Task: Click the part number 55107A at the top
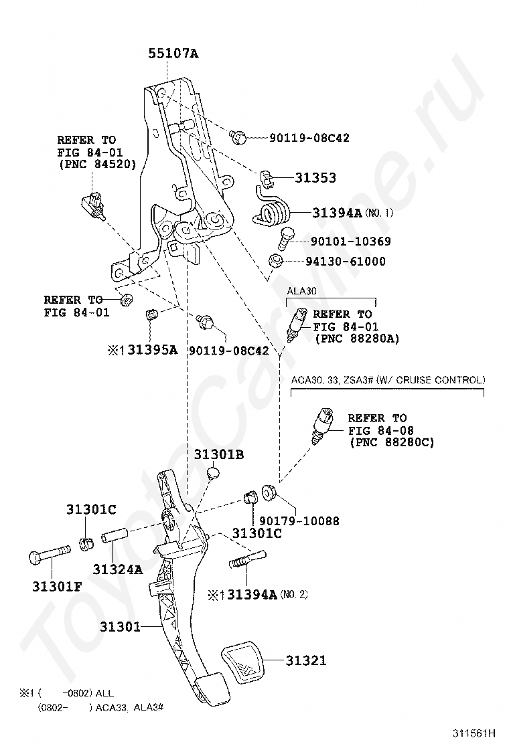(x=173, y=54)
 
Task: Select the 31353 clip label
(x=315, y=178)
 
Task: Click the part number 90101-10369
(x=350, y=242)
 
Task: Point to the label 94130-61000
(x=347, y=262)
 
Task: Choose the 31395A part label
(x=152, y=349)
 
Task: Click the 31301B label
(x=218, y=455)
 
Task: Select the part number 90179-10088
(x=299, y=521)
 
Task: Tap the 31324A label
(x=117, y=569)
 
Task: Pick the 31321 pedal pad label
(x=306, y=660)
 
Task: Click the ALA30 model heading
(x=301, y=291)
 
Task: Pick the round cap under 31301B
(x=214, y=474)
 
